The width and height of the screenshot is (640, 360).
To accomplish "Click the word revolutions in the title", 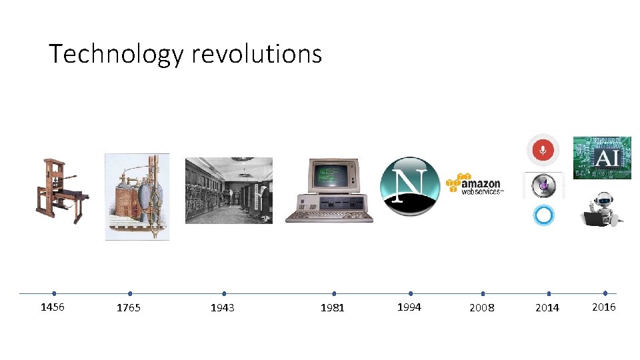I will click(x=257, y=53).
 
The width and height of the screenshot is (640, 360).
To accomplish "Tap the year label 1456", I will click(x=53, y=307).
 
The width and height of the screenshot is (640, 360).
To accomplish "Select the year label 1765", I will click(x=129, y=308).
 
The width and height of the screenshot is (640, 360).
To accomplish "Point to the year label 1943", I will click(x=223, y=308).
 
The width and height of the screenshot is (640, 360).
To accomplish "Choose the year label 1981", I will click(x=333, y=308).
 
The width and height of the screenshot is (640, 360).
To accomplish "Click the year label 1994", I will click(x=409, y=307).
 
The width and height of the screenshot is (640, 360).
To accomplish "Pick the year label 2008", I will click(x=482, y=308).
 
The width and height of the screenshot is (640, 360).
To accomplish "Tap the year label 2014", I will click(x=547, y=308).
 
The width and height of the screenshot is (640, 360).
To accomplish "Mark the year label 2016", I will click(x=604, y=307).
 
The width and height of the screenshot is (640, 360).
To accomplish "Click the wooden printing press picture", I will click(x=61, y=191).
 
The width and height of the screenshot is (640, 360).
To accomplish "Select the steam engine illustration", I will click(x=137, y=196).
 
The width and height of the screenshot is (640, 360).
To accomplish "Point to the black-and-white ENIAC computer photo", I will click(x=229, y=191).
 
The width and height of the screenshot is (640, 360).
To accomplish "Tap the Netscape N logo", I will click(x=409, y=186).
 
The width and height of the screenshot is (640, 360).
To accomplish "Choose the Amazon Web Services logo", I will click(x=475, y=183).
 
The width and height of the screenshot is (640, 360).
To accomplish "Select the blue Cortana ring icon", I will click(x=543, y=216).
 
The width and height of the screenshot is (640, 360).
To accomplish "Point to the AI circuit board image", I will click(x=602, y=158).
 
